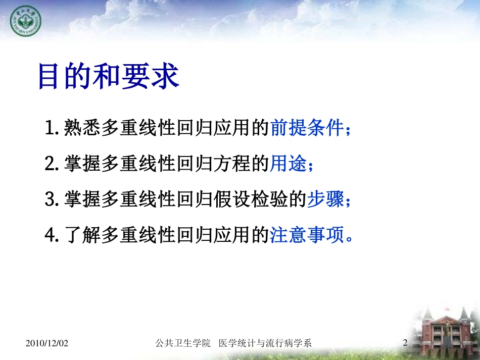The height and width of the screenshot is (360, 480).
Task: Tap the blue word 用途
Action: (x=289, y=164)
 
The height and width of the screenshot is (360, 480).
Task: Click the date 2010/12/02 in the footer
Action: (x=46, y=343)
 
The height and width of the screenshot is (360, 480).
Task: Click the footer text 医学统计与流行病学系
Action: (x=265, y=343)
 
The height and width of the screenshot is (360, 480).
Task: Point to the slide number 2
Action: (x=405, y=343)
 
